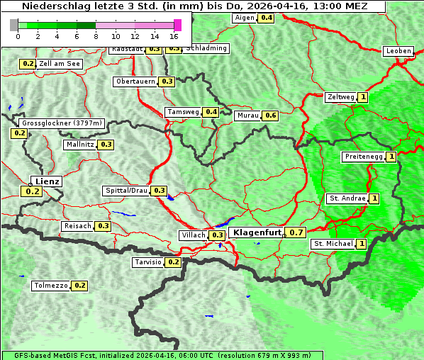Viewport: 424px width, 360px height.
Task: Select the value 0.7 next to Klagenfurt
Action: [296, 232]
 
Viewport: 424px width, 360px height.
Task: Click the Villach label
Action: [193, 235]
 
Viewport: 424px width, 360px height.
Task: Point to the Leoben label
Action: [398, 51]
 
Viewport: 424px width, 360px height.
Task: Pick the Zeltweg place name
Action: [340, 98]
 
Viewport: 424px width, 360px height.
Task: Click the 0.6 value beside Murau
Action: [270, 116]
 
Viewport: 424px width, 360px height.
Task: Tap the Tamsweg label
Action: [182, 112]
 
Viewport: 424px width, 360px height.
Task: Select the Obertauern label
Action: [135, 81]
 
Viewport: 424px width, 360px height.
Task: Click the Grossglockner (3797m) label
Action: [62, 123]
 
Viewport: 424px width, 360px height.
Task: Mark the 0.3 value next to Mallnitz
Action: [106, 145]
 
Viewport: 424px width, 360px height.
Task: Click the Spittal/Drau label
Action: [126, 191]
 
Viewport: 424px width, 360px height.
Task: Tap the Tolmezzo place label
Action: [50, 286]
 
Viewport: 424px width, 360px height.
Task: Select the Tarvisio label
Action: [147, 262]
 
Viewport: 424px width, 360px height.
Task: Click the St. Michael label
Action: [333, 244]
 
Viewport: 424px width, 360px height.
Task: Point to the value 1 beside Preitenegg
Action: [391, 157]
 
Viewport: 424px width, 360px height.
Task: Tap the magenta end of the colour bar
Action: [177, 25]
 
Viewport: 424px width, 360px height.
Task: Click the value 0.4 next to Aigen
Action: [267, 18]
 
